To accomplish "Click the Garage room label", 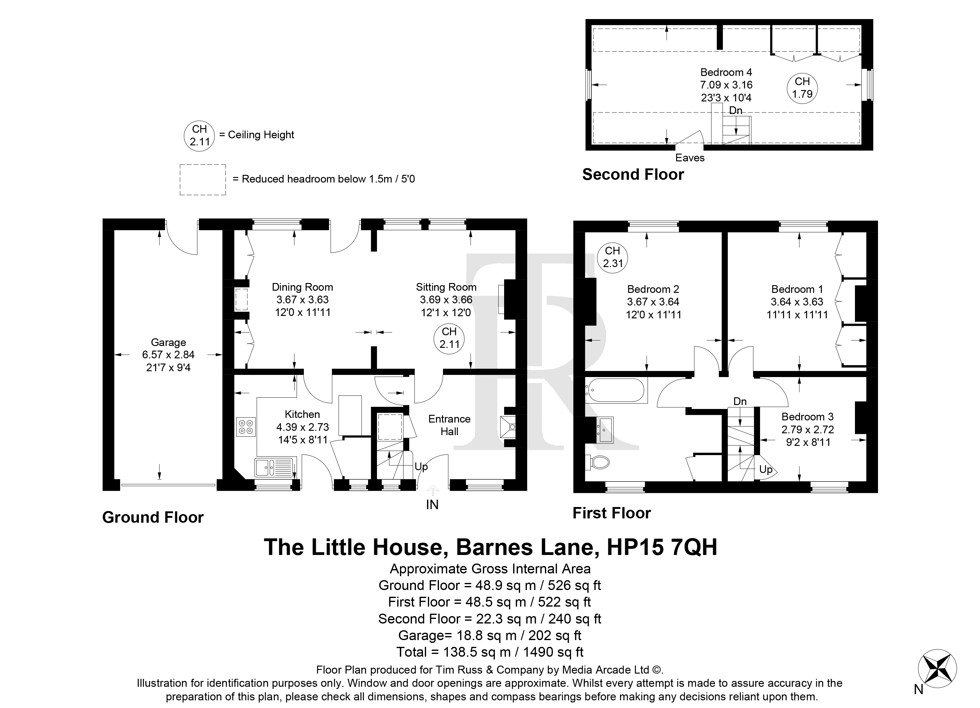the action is (x=169, y=342).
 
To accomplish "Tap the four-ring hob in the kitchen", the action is (x=246, y=427).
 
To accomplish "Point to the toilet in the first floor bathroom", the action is (x=597, y=462).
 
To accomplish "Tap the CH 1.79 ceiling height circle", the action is (x=802, y=88).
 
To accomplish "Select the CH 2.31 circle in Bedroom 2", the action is (x=613, y=257).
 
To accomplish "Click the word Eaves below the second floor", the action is (x=690, y=158).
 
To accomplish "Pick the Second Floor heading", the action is (x=633, y=174).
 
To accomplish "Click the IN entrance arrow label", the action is (x=432, y=504).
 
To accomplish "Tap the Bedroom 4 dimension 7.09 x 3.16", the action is (x=726, y=85).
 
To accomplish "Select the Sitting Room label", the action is (x=446, y=287).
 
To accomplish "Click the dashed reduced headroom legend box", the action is (x=203, y=179).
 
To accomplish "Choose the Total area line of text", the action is (x=490, y=652).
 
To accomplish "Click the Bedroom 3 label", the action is (x=808, y=417).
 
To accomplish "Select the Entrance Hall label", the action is (x=449, y=425).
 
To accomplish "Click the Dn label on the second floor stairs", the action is (x=735, y=110).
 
